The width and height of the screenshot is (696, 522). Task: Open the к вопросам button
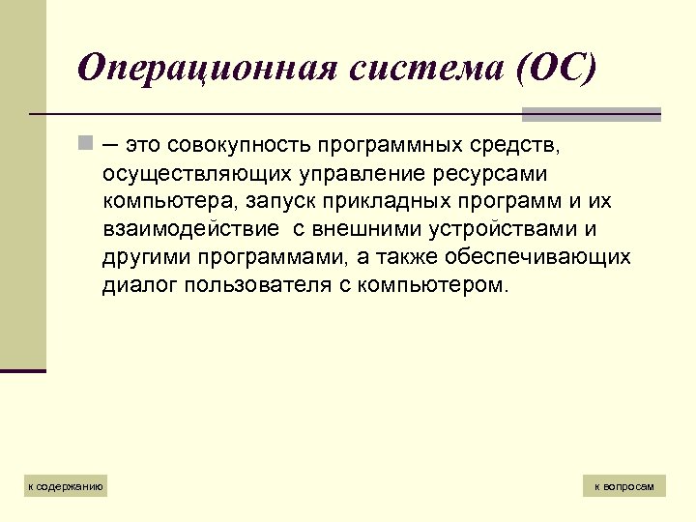pyautogui.click(x=624, y=486)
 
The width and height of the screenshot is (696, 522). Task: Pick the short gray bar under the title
pyautogui.click(x=591, y=114)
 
